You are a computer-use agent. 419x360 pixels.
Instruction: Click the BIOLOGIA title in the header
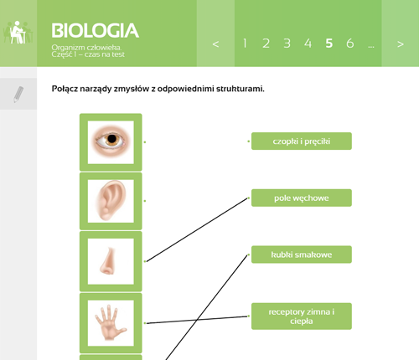[96, 30]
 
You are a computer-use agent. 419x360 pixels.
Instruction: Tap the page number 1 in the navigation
[245, 44]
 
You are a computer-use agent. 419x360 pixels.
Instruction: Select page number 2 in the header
[266, 44]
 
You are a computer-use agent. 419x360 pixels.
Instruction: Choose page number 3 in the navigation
[287, 44]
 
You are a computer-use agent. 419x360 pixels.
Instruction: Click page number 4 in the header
[308, 44]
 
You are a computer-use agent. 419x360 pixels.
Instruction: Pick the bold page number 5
[329, 44]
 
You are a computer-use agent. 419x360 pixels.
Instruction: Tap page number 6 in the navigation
[350, 44]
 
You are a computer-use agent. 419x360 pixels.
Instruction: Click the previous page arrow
[215, 44]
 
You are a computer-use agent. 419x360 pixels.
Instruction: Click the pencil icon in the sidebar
[18, 95]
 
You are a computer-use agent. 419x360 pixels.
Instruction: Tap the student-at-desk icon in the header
[18, 33]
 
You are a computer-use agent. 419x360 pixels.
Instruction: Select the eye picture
[111, 142]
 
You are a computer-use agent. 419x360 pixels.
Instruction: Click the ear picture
[111, 201]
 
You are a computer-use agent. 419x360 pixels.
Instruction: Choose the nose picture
[111, 261]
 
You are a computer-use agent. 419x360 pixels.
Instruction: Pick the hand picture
[111, 323]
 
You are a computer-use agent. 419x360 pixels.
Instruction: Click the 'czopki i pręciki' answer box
[302, 141]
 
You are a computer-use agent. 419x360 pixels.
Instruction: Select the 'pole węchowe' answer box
[302, 198]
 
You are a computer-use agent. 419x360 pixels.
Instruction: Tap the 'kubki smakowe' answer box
[302, 255]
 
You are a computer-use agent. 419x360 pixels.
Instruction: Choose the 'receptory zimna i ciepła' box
[302, 316]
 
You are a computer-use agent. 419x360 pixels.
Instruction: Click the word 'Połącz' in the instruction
[65, 90]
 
